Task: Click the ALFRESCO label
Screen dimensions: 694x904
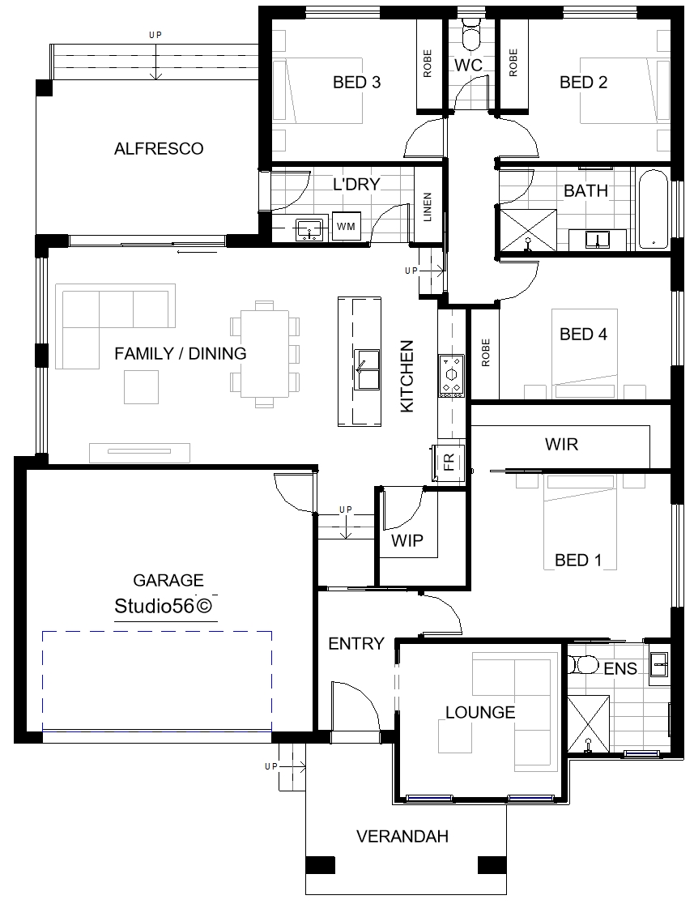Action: [x=159, y=149]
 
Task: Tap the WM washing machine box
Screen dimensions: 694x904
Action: [x=346, y=227]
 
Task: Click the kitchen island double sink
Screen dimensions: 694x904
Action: [x=366, y=369]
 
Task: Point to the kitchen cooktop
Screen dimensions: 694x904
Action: [x=451, y=376]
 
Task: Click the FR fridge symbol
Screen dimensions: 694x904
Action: [x=449, y=462]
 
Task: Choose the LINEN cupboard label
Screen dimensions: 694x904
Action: [x=428, y=207]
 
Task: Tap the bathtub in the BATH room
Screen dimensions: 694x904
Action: [x=653, y=209]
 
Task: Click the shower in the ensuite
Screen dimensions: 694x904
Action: [x=588, y=725]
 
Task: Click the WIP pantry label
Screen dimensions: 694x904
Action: [x=407, y=541]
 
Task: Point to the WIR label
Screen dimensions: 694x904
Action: [x=561, y=445]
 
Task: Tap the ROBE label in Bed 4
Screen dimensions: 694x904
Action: [x=485, y=353]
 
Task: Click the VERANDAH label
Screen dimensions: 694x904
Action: [x=402, y=837]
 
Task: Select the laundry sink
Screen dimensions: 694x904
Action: [x=309, y=230]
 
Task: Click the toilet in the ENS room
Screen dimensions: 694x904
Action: [x=582, y=665]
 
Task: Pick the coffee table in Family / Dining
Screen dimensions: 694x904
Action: [x=141, y=387]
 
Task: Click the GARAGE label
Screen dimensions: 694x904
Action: [x=168, y=580]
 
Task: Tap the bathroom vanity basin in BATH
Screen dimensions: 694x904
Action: [x=597, y=239]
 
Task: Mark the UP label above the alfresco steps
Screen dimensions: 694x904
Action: [x=155, y=35]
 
